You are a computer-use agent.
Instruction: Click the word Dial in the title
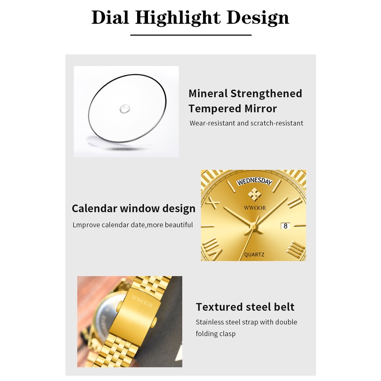110,18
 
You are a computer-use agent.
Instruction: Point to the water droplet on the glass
125,109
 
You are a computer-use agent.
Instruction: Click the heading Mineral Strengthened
245,94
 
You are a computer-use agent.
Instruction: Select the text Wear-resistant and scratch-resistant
246,123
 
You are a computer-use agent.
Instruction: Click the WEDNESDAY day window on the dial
254,181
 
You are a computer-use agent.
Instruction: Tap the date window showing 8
285,226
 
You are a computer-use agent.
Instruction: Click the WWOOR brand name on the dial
255,208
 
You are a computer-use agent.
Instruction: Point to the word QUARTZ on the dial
254,255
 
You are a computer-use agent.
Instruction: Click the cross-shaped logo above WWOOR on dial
254,195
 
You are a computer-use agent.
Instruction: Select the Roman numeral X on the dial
213,203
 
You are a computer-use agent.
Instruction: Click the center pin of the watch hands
254,227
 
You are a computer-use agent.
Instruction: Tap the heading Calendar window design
134,209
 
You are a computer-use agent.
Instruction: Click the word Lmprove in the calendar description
86,225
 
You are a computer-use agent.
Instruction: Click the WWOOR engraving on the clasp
142,301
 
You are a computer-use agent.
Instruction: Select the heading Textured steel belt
245,307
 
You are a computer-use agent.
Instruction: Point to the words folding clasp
215,334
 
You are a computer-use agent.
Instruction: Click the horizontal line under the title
191,35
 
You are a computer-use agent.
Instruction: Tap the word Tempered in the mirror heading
215,109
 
